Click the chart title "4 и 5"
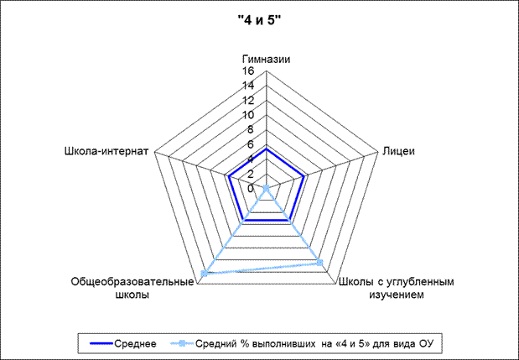tap(259, 21)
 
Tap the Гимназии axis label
tap(266, 60)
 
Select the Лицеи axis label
tap(398, 151)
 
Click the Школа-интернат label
tap(106, 151)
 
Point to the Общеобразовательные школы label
tap(132, 288)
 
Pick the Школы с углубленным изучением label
tap(397, 288)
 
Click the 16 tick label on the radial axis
tap(247, 70)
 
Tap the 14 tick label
tap(247, 86)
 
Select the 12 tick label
tap(247, 100)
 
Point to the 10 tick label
tap(247, 115)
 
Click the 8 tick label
tap(251, 129)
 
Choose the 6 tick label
tap(251, 144)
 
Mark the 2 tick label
tap(251, 174)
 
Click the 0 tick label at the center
tap(251, 189)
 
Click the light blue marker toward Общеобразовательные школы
tap(205, 274)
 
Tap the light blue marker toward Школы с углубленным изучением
tap(319, 263)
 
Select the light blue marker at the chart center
tap(266, 189)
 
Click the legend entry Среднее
tap(122, 344)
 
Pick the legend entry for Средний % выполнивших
tap(302, 344)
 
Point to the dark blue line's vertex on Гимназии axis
tap(266, 149)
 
